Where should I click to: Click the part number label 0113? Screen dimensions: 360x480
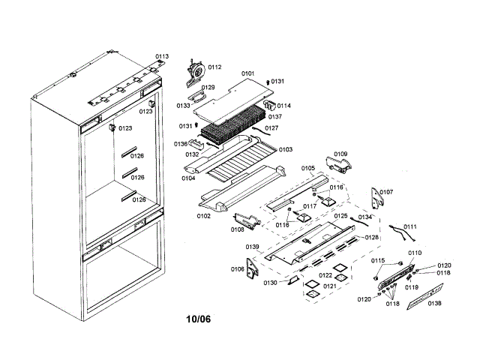tap(162, 56)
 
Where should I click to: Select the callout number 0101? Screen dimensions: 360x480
tap(248, 73)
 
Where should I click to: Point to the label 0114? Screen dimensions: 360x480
tap(284, 106)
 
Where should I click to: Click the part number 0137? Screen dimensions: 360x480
tap(275, 117)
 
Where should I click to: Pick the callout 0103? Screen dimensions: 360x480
tap(286, 149)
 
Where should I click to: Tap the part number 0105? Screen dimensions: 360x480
tap(307, 168)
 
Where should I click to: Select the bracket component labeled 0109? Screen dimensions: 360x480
tap(334, 163)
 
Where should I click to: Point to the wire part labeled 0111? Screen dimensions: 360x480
tap(401, 231)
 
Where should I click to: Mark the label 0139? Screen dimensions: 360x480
tap(253, 247)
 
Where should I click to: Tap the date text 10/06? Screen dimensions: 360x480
tap(199, 319)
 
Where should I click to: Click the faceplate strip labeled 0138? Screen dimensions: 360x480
tap(424, 303)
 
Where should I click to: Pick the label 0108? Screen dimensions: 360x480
tap(238, 229)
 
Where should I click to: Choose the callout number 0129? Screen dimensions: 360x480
tap(208, 88)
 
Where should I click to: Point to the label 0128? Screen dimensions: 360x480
tap(372, 237)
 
